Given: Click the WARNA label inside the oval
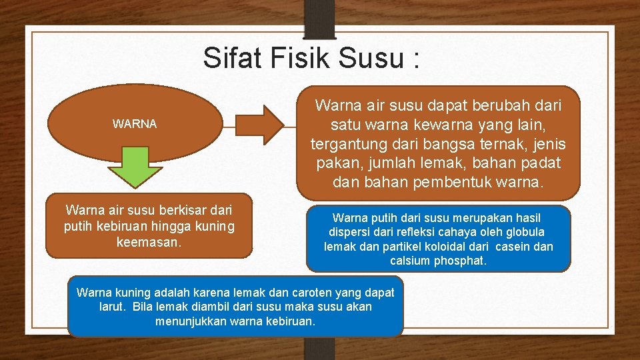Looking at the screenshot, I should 135,124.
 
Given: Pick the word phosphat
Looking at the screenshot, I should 460,261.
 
